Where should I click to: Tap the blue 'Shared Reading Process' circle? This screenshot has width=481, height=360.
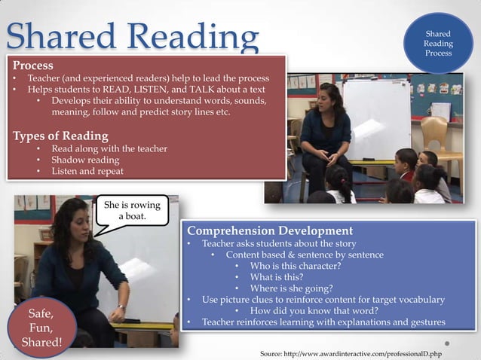438,44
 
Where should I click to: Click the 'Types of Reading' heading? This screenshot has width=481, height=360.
60,136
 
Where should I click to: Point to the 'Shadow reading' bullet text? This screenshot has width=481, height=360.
84,160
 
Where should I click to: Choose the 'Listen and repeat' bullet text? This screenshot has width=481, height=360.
88,171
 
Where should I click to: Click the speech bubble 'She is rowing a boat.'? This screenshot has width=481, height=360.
131,210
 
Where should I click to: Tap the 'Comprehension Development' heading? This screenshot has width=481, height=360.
269,230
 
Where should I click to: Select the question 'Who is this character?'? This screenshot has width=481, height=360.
296,266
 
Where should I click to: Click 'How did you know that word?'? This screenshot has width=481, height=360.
314,310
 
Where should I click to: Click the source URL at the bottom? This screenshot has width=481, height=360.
350,352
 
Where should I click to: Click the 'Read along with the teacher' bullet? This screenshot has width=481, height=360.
109,148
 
